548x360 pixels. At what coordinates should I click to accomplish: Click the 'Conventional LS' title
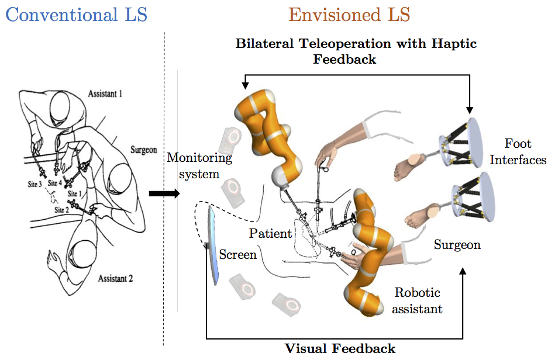76,14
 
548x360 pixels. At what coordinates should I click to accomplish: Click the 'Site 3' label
33,184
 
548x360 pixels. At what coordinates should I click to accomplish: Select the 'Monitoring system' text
199,165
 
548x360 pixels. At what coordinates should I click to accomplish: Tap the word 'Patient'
270,234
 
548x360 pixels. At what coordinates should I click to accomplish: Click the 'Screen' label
237,255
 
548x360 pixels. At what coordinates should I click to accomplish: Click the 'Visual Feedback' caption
340,349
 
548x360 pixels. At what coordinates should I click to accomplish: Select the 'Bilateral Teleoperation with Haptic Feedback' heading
356,51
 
